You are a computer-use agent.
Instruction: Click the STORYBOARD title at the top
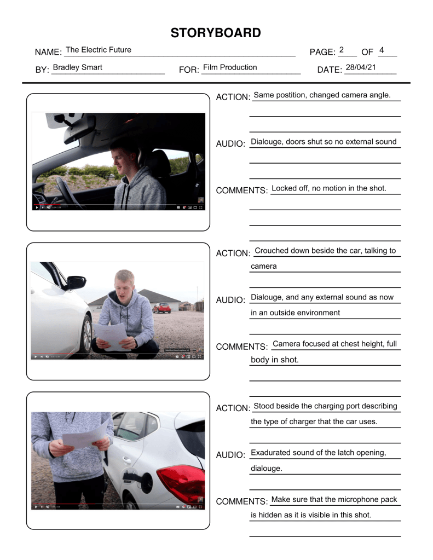click(x=216, y=33)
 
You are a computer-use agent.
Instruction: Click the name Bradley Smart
click(x=77, y=68)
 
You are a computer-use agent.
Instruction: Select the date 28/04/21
click(x=361, y=67)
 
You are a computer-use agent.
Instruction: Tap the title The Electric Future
click(x=99, y=50)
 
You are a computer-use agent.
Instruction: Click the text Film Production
click(x=229, y=67)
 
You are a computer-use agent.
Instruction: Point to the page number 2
click(x=341, y=50)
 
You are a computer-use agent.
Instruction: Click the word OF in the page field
click(x=367, y=52)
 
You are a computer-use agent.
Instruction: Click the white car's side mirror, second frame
click(x=76, y=282)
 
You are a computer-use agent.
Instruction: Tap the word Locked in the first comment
click(x=284, y=188)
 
